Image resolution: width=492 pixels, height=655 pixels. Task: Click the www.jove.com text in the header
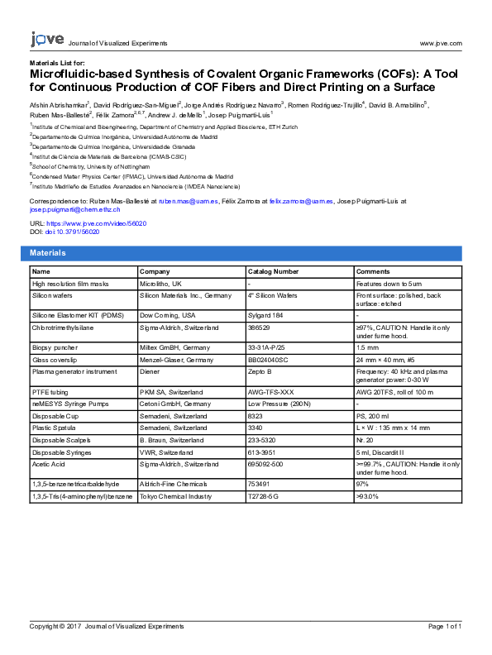click(440, 43)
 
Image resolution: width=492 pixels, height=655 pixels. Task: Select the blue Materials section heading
click(48, 252)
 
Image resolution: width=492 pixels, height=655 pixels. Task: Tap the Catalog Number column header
click(273, 271)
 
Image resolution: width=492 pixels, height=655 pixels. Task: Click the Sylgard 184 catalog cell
click(265, 316)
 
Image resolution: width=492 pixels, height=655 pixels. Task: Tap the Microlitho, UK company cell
click(162, 283)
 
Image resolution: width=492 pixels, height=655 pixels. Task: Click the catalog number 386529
click(260, 327)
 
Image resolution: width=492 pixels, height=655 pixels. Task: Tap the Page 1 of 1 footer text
click(444, 627)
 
